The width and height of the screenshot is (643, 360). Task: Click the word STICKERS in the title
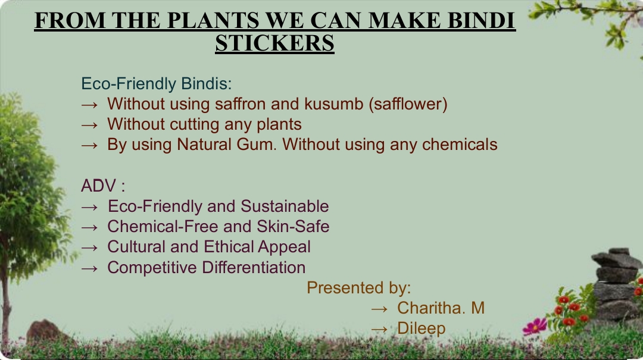click(x=274, y=43)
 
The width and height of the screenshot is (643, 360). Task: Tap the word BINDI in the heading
click(x=481, y=20)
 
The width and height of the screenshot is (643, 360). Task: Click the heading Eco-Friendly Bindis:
click(x=157, y=84)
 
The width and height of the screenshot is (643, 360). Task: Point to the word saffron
click(x=241, y=104)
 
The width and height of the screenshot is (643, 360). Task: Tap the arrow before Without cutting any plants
click(x=89, y=124)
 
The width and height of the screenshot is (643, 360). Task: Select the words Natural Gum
click(x=227, y=145)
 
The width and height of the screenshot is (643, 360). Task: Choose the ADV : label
click(x=103, y=186)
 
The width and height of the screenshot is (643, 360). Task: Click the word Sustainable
click(x=285, y=206)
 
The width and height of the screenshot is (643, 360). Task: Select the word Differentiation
click(x=254, y=267)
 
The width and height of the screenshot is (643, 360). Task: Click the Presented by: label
click(x=359, y=288)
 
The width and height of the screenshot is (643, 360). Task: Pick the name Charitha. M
click(x=441, y=308)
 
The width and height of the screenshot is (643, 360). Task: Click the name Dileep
click(x=421, y=329)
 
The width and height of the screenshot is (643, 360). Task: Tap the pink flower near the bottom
click(x=535, y=327)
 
